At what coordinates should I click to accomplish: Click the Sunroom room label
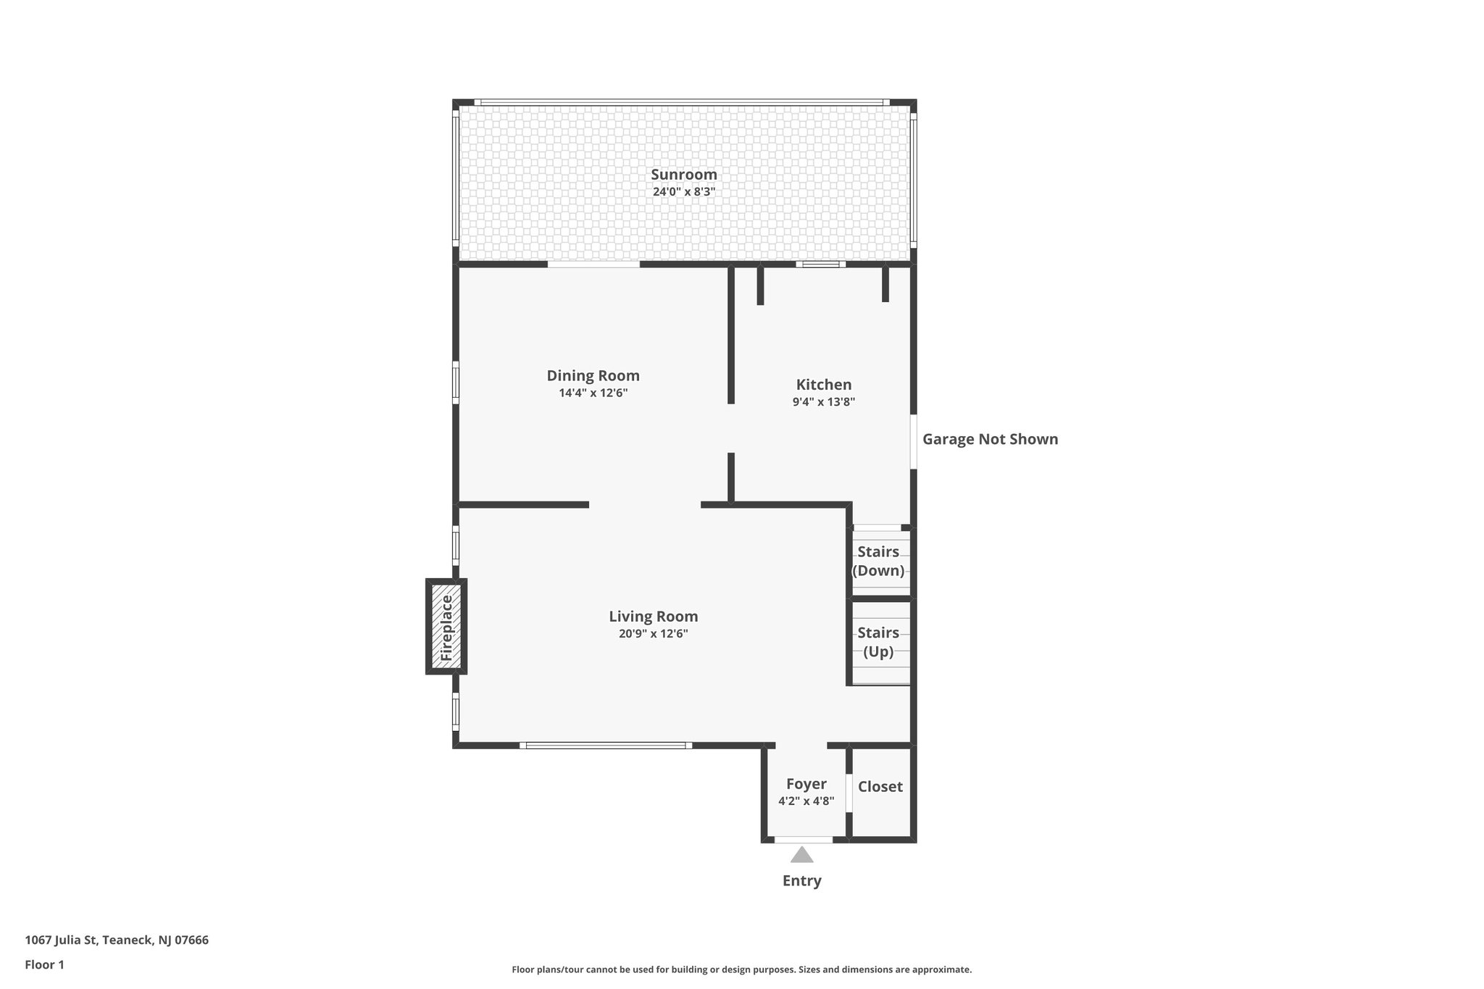point(683,175)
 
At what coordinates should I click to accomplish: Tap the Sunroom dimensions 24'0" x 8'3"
point(683,192)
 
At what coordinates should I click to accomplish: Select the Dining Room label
point(593,376)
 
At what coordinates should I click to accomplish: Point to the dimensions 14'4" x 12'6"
point(593,393)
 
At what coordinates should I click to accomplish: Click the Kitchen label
point(824,385)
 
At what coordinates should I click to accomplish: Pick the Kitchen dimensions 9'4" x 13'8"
point(824,402)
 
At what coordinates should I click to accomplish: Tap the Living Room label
point(653,617)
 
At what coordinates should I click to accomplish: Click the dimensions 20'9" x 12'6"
point(653,634)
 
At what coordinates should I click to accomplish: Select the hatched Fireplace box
point(446,627)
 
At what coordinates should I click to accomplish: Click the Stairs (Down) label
point(878,562)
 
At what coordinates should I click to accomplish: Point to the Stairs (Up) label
point(878,642)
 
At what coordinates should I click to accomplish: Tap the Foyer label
point(806,784)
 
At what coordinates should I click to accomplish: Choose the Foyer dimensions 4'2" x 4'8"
point(806,801)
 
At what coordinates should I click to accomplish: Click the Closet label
point(880,787)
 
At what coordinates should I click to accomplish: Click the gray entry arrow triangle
point(801,856)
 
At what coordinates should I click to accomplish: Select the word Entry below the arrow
point(801,881)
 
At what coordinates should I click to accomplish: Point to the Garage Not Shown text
point(990,439)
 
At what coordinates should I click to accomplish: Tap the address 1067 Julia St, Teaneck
point(117,940)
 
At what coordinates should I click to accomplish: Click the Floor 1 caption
point(44,965)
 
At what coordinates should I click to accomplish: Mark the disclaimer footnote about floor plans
point(741,969)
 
